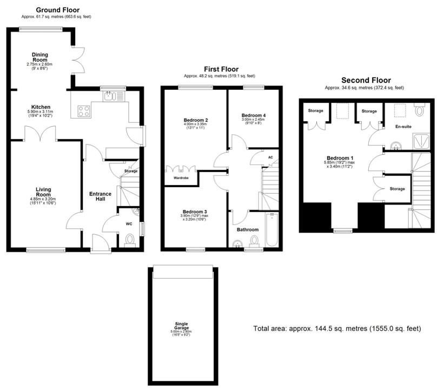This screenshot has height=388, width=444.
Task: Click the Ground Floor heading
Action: point(57,10)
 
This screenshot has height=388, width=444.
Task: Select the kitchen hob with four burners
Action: point(84,111)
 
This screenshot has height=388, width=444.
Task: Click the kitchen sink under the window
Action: point(111,96)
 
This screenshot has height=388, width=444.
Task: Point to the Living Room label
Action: point(43,192)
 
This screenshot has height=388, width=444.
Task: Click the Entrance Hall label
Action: point(100,196)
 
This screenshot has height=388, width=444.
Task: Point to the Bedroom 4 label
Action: point(253,116)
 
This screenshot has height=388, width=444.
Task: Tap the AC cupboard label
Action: point(270,157)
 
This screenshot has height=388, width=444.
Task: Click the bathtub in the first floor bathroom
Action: point(271,230)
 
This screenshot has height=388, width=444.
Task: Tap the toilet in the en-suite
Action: point(420,111)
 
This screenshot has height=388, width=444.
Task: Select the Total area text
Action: point(337,328)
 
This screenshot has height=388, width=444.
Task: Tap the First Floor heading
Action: point(221,69)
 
